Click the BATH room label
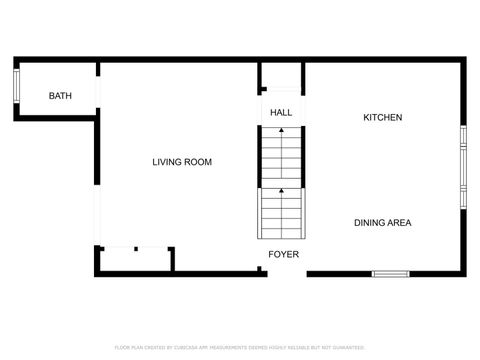61,96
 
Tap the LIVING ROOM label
182,162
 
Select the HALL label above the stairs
282,113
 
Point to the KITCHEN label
382,118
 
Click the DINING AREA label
382,223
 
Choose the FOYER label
283,255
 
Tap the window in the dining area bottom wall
391,273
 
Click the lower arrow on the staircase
282,190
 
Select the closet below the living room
134,260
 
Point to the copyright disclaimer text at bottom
240,347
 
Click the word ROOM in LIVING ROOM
198,162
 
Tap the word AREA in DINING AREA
398,223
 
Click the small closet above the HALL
281,78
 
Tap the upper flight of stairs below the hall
282,155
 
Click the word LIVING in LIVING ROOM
167,162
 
